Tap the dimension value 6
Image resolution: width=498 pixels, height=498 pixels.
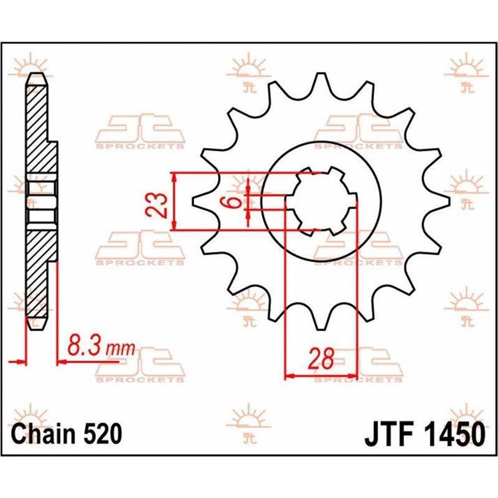(x=234, y=202)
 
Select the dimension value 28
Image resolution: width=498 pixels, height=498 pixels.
(x=321, y=359)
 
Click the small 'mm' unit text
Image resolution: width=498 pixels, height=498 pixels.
(x=120, y=349)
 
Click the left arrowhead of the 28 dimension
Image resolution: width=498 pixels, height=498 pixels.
(x=289, y=377)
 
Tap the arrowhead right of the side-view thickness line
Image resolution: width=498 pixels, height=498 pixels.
(x=62, y=362)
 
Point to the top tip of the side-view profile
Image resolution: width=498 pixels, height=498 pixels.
(x=37, y=73)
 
